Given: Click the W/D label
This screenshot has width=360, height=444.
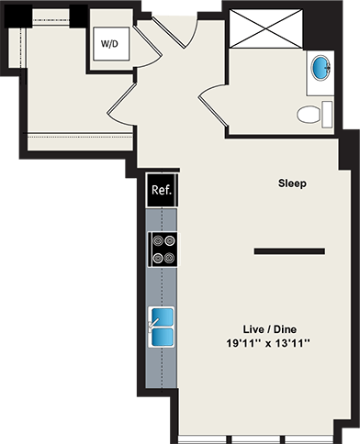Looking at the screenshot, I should [109, 42].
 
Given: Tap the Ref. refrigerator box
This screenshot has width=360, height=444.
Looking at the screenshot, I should [161, 193].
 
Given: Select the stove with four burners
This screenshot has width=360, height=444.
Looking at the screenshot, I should [163, 249].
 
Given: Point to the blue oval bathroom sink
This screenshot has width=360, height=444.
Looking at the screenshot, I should [321, 67].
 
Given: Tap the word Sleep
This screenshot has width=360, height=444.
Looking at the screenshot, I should [292, 183].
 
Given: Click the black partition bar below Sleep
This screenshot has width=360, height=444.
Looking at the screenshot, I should [289, 250].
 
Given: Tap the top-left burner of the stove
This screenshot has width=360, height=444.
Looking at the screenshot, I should [157, 241].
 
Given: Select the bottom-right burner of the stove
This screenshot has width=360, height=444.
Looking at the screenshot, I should [169, 257].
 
